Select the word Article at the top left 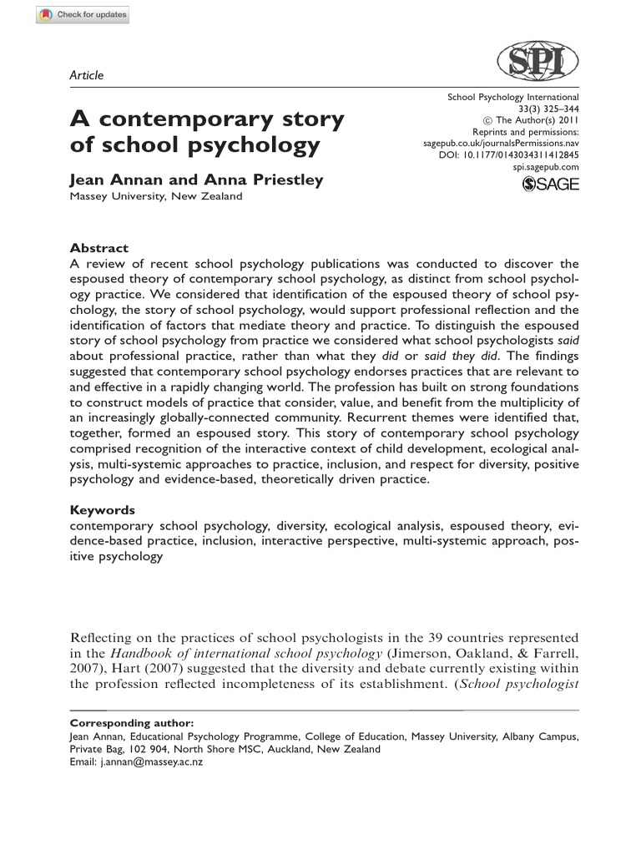point(87,75)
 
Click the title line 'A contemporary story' point(206,119)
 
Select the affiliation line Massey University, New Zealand point(155,196)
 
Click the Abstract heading point(98,248)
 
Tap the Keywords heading point(102,509)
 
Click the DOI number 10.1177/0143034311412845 point(530,155)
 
